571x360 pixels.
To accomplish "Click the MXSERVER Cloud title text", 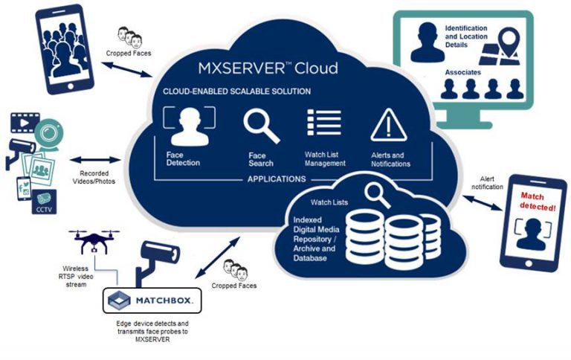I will [x=268, y=68].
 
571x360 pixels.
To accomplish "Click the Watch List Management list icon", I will [x=324, y=123].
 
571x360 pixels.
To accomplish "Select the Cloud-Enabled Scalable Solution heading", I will [x=236, y=91].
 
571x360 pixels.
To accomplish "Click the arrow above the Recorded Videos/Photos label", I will [x=95, y=159].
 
